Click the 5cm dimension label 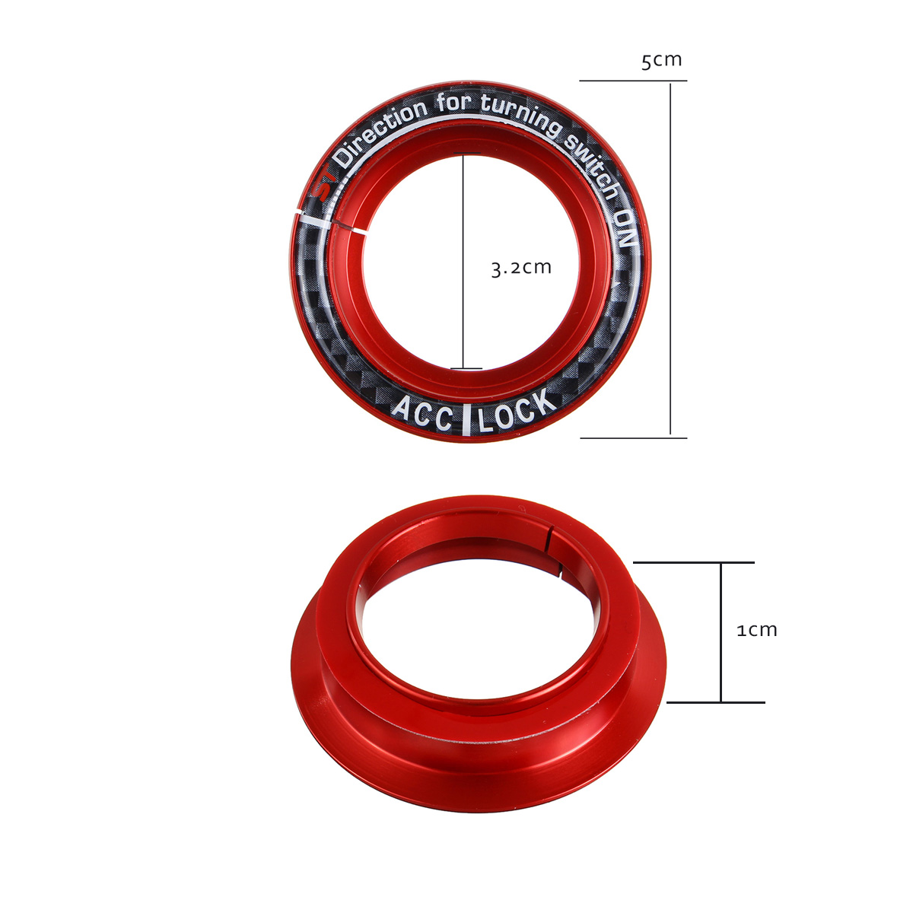[x=661, y=60]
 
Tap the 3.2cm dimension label [x=521, y=268]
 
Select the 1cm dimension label [x=757, y=630]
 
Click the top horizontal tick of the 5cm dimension [x=633, y=81]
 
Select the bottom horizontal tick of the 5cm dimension [x=633, y=437]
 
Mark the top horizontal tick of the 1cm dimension [x=693, y=562]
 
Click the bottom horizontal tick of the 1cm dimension [x=715, y=702]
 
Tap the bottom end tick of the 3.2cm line [x=466, y=369]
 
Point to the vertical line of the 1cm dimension [x=721, y=631]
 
